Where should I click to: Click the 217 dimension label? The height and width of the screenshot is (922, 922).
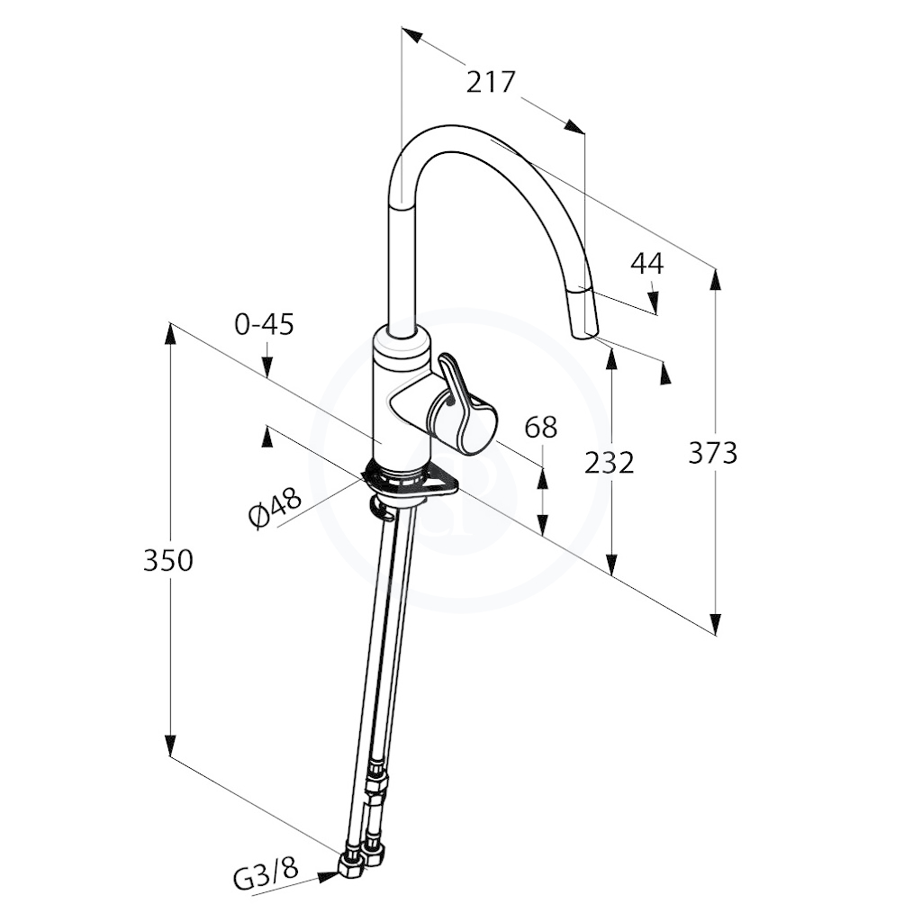tap(491, 82)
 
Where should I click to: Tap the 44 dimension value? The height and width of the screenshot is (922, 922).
tap(646, 264)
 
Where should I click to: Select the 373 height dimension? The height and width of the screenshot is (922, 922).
tap(713, 454)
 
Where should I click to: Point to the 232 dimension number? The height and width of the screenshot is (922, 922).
tap(610, 463)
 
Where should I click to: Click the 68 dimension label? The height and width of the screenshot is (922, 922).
tap(540, 428)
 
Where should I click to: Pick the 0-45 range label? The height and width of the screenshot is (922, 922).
tap(264, 324)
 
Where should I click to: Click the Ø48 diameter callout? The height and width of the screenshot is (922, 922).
tap(275, 510)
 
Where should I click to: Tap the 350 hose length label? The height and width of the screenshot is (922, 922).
tap(168, 560)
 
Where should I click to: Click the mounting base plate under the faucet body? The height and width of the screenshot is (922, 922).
tap(411, 479)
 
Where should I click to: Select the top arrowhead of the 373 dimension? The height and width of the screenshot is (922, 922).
tap(715, 280)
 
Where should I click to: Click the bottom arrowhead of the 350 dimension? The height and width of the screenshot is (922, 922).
tap(170, 745)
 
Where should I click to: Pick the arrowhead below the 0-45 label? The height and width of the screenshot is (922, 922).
tap(267, 367)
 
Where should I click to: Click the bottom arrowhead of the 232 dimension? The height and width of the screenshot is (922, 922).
tap(612, 564)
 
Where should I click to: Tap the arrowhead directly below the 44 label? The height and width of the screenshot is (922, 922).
tap(654, 302)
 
